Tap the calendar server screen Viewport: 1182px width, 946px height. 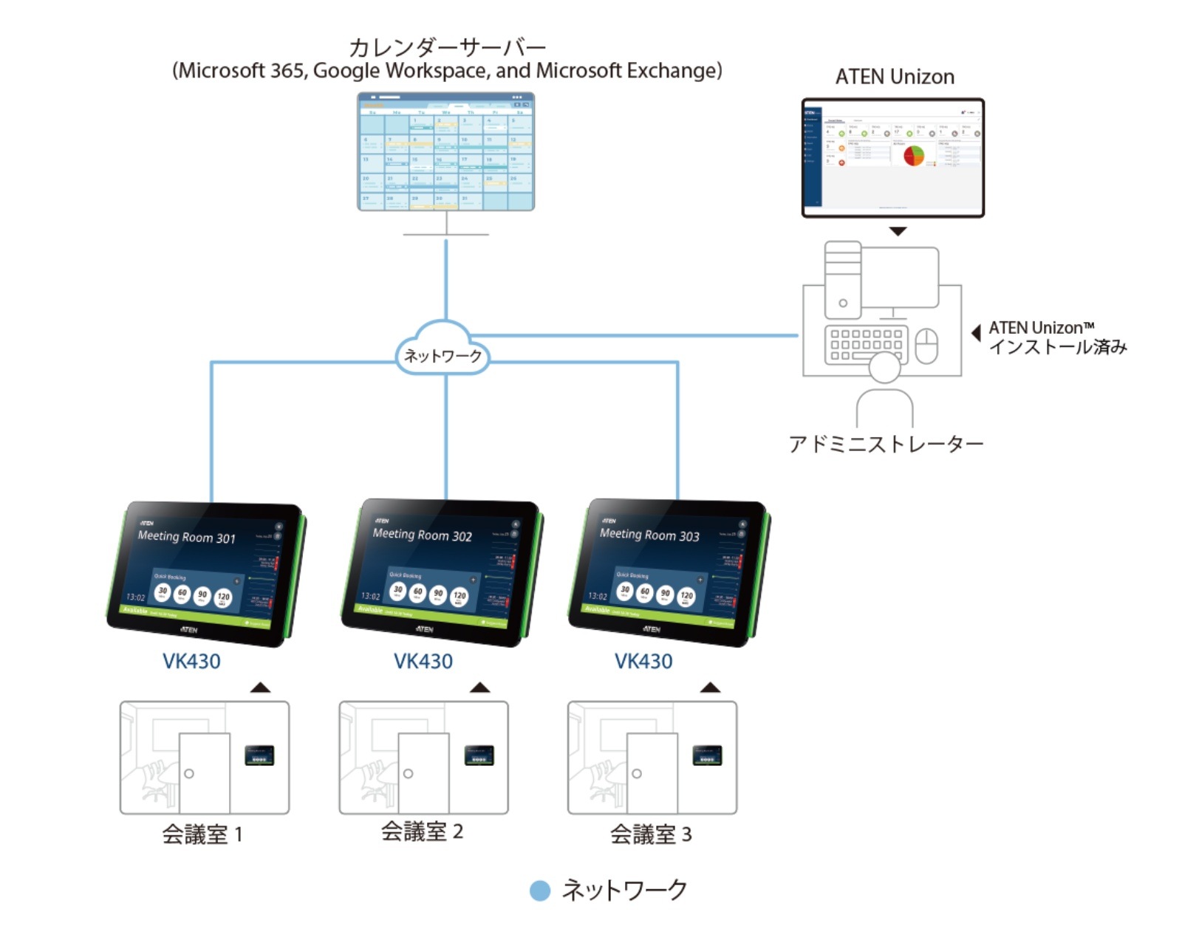(445, 151)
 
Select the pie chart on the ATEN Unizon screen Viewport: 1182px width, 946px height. (914, 154)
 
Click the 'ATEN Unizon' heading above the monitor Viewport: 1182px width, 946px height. (894, 77)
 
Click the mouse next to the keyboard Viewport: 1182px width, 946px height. (926, 346)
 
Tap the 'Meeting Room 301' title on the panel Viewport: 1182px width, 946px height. (186, 537)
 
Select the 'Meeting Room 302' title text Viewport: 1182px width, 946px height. (422, 535)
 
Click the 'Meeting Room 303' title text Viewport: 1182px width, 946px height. (649, 535)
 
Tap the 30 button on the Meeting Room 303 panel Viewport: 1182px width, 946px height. (625, 590)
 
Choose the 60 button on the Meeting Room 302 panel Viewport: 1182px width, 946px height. (418, 592)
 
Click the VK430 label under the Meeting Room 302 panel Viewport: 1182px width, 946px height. (423, 661)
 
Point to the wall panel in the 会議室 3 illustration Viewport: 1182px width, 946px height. (707, 755)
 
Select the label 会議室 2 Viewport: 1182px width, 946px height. (422, 832)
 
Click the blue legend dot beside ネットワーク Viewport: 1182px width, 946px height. (540, 891)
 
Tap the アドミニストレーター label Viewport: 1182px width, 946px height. (885, 444)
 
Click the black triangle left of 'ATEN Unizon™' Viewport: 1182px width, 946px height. (976, 332)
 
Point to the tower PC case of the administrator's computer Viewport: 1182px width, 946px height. (843, 280)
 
